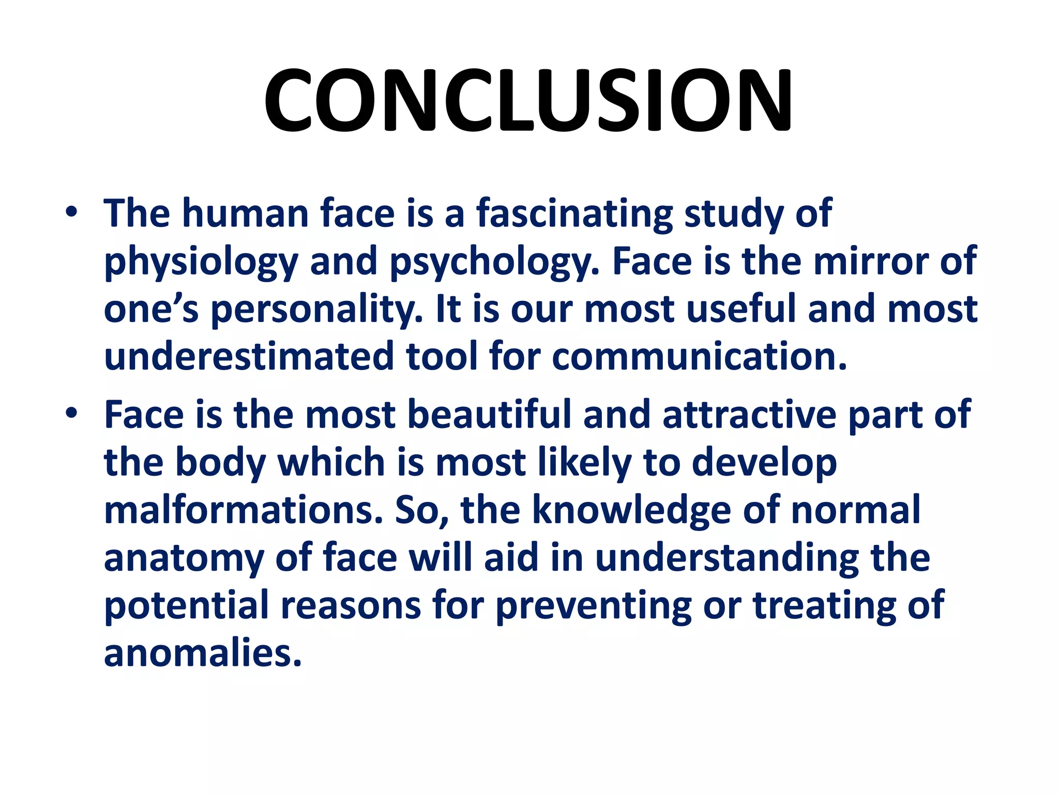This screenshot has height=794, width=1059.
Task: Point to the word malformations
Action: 244,509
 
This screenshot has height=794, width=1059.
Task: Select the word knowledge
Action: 631,509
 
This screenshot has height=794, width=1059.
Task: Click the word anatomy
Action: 184,558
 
